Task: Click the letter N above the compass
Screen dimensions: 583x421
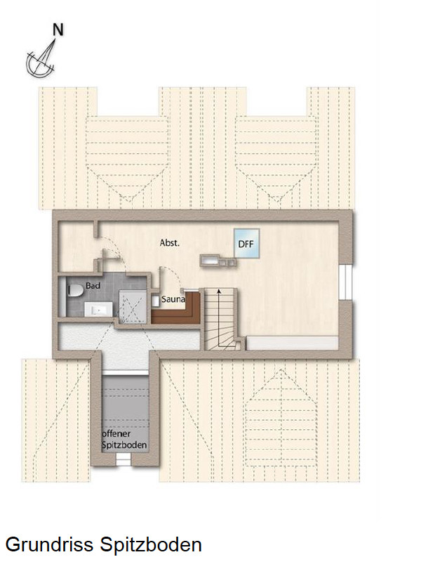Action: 59,30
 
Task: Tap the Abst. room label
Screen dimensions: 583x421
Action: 170,243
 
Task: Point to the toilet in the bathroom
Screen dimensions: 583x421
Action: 74,290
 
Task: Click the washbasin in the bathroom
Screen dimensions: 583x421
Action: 95,308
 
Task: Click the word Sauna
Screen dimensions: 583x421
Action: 173,300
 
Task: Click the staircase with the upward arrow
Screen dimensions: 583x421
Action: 222,320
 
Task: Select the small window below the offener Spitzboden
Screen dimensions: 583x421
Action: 123,459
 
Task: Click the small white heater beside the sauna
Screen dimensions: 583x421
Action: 155,301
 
